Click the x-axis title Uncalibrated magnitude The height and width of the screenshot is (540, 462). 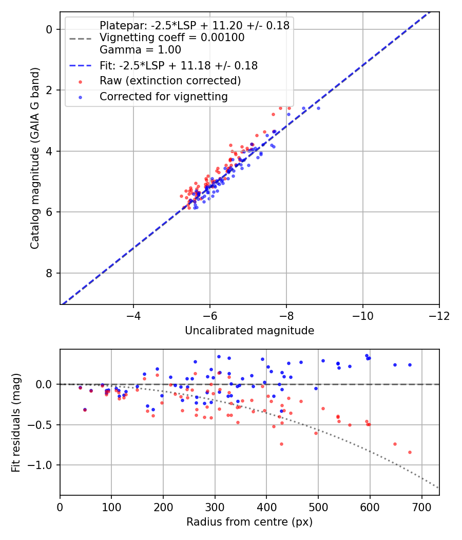[249, 331]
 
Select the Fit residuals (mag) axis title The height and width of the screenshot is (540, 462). [16, 422]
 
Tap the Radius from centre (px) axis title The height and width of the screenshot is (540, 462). [249, 522]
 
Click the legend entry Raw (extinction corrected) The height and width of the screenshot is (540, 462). [170, 81]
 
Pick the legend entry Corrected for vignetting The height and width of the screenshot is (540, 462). [164, 97]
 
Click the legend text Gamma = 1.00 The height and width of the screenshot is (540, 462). [140, 49]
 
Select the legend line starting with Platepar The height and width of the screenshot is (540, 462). [195, 25]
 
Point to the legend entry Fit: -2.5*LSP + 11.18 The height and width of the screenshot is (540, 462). [179, 65]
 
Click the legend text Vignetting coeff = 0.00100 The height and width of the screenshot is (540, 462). [172, 37]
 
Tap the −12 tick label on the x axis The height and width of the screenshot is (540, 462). [439, 316]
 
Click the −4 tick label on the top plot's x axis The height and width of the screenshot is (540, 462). [133, 316]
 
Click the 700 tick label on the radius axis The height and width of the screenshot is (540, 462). [421, 507]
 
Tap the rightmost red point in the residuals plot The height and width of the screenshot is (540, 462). [410, 452]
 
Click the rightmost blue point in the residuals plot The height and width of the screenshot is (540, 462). [410, 365]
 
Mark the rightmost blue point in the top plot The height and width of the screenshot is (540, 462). [318, 108]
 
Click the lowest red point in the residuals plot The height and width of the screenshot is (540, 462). [410, 452]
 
